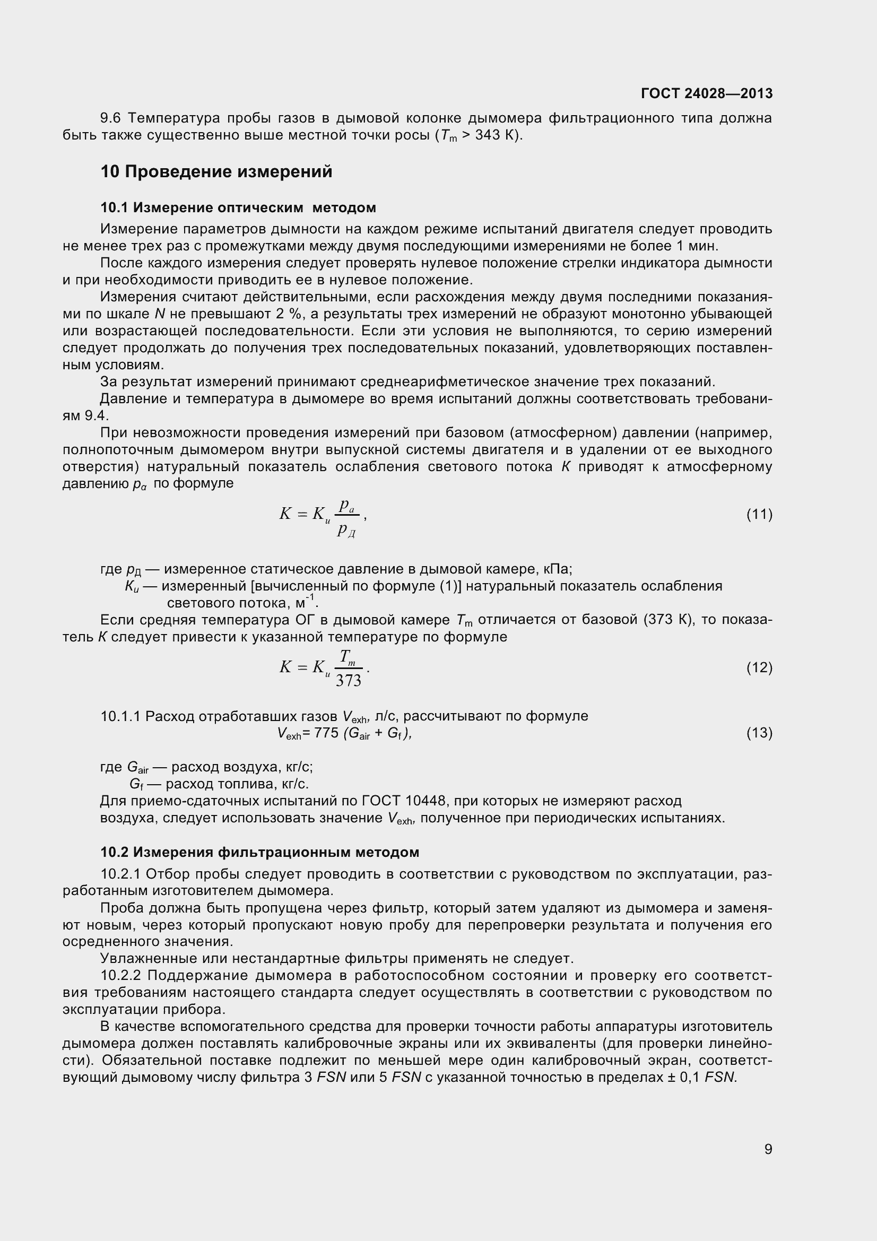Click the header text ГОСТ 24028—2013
706,93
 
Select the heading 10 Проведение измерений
216,172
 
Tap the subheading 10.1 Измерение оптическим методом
238,207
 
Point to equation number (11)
759,514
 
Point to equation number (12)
759,667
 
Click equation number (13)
759,733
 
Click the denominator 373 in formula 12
349,681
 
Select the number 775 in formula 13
326,733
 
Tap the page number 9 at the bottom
768,1149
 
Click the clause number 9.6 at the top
111,118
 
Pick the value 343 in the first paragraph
489,135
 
